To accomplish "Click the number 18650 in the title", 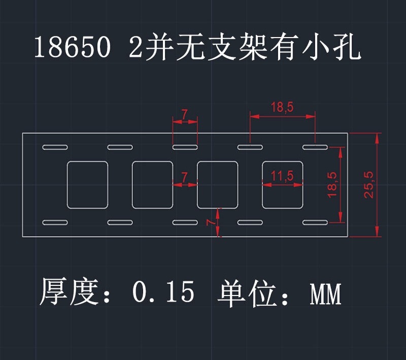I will [72, 48].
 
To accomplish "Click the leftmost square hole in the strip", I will [88, 185].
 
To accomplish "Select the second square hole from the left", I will [153, 185].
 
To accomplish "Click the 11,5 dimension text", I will [282, 176].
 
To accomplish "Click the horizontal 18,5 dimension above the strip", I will [282, 107].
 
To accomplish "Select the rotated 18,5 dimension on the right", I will [332, 184].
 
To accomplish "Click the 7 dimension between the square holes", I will [185, 176].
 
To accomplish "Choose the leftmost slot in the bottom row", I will [55, 222].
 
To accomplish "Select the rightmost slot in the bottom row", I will [315, 222].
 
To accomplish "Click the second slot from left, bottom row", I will [120, 222].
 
